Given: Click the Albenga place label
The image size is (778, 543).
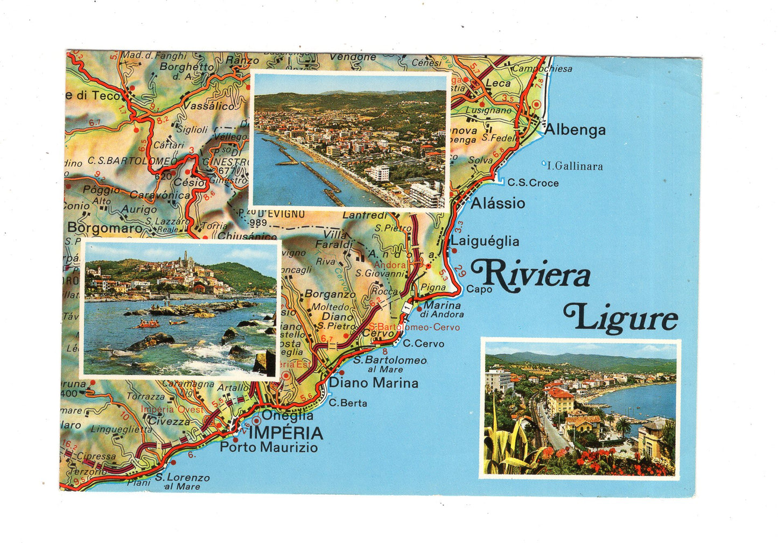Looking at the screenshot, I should pos(574,130).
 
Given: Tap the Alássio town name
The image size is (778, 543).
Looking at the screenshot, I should pos(497,203).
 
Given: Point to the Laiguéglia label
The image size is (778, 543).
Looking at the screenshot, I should pos(485,241).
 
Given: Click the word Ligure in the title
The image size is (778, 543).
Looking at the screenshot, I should pos(620,318).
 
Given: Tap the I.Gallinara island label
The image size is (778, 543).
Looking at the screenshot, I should pos(574,166).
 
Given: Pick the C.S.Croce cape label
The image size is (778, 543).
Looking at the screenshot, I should pos(532,183).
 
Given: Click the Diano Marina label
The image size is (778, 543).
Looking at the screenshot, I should pos(374,383).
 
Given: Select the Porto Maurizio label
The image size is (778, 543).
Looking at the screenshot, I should pos(269,447).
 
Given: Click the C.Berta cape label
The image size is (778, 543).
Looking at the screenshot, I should pos(348,403).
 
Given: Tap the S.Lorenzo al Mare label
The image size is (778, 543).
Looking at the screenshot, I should pos(183,481).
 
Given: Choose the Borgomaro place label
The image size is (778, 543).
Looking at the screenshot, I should pos(104,228).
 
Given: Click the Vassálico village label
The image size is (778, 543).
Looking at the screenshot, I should pos(209,106).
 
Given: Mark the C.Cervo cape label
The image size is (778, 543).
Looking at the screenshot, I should pos(423,343).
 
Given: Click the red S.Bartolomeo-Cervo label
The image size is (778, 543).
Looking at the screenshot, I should pos(415,327).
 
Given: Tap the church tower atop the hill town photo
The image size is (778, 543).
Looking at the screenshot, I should pos(185,258).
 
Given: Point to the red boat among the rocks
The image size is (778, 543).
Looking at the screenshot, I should pos(146,323).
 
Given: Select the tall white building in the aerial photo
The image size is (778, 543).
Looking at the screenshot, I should pos(425,194).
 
